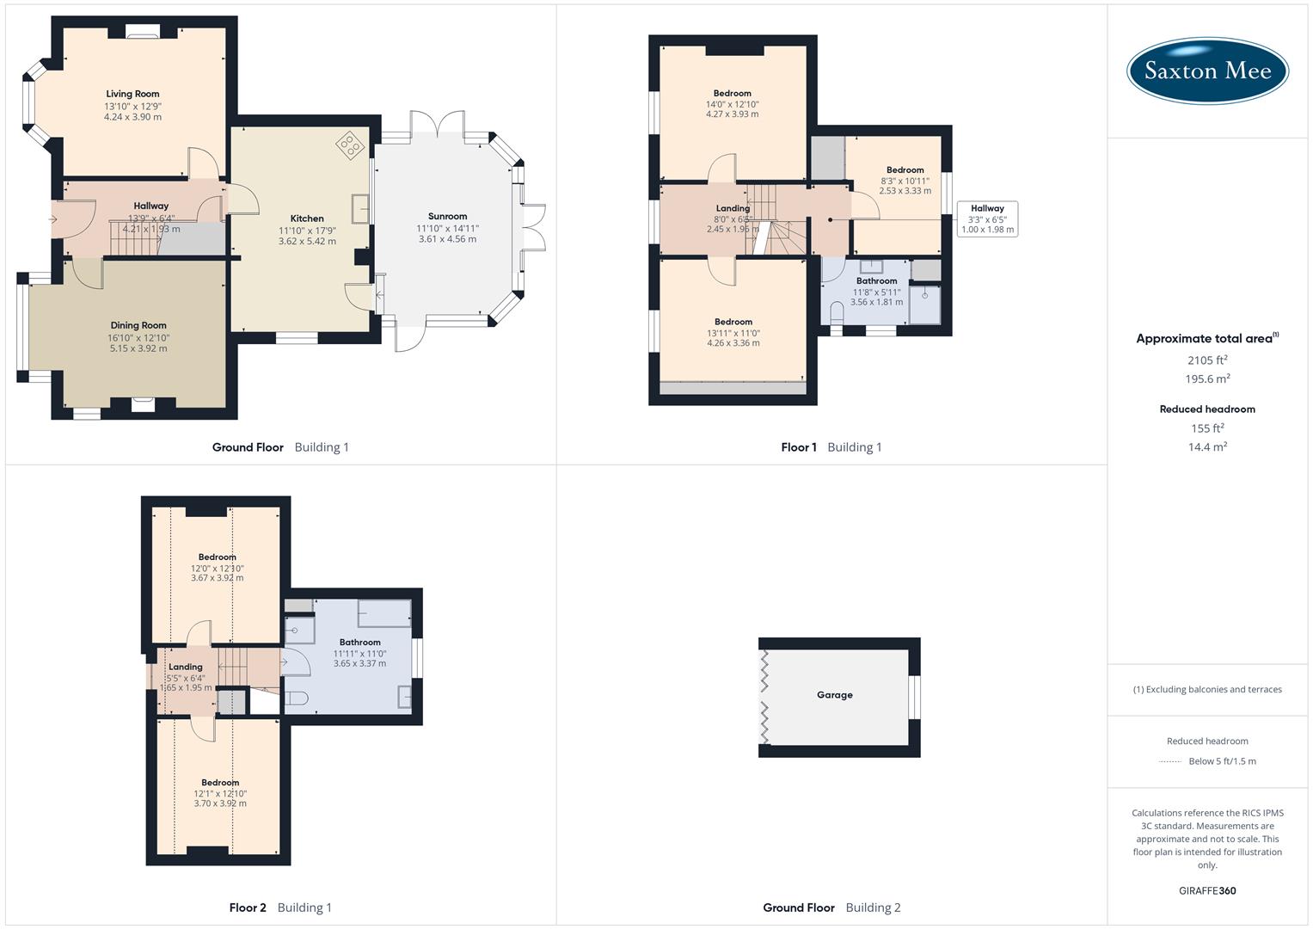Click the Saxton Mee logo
tap(1207, 71)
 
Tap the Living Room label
tap(132, 94)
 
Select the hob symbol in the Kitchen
tap(350, 145)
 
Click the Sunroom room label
tap(447, 217)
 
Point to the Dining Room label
tap(138, 325)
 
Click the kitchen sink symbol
tap(359, 209)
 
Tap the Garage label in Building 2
tap(834, 695)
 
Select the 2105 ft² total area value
tap(1207, 360)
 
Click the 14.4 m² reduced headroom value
tap(1207, 447)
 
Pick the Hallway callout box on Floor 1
tap(987, 219)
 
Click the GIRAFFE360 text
tap(1207, 890)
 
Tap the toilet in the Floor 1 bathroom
tap(836, 311)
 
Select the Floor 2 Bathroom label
tap(359, 643)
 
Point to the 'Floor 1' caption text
tap(799, 447)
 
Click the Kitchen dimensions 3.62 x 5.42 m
tap(307, 242)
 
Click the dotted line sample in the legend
tap(1170, 761)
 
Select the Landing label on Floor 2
tap(186, 667)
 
